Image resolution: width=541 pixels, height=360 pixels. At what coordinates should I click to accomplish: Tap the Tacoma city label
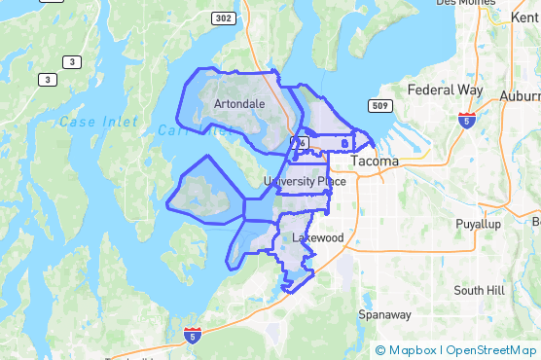374,161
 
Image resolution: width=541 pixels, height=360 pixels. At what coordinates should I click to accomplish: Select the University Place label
305,182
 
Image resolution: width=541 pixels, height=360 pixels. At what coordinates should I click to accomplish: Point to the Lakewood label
311,237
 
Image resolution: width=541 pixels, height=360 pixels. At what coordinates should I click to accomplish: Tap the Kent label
524,18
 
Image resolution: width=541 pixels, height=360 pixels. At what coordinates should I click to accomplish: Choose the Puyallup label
477,224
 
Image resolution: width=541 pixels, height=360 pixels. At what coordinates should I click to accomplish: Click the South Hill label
481,290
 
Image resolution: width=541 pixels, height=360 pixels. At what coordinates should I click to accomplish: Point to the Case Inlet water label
91,122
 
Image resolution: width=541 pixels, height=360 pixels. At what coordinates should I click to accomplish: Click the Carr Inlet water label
177,129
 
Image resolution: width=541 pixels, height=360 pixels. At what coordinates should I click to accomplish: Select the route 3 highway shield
46,78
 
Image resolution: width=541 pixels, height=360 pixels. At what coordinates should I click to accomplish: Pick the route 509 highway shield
379,105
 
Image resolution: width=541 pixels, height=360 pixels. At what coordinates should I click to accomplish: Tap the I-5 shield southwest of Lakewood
193,335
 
